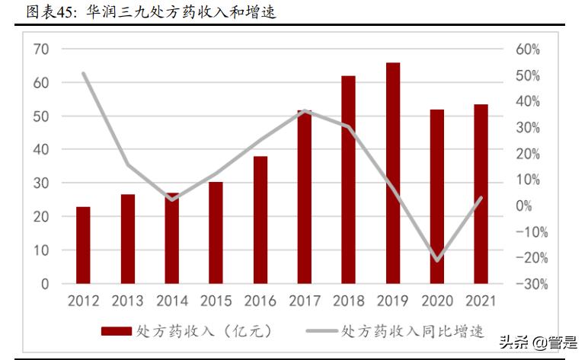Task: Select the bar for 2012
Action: [83, 245]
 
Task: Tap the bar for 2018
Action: [348, 180]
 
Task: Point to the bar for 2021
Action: [481, 194]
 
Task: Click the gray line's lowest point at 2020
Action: [437, 260]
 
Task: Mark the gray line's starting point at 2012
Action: [83, 74]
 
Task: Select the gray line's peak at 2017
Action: [304, 111]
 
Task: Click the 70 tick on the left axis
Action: [41, 49]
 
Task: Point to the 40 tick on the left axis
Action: [41, 150]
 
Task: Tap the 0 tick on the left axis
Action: [45, 284]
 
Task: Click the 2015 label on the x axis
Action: [216, 301]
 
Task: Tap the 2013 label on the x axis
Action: [127, 301]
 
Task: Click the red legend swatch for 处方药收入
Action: [116, 331]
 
